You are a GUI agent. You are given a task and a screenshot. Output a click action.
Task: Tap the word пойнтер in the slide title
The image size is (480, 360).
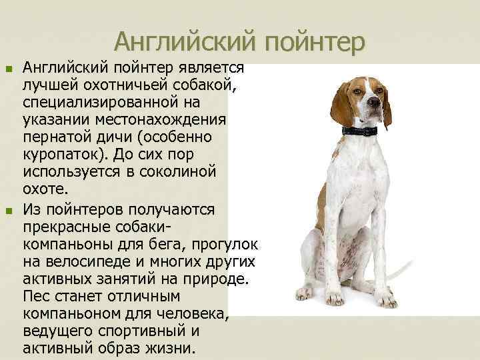pyautogui.click(x=315, y=43)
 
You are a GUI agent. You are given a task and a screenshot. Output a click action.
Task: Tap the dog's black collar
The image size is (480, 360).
pyautogui.click(x=359, y=131)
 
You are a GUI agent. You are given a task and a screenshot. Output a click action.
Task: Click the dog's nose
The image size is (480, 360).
pyautogui.click(x=375, y=103)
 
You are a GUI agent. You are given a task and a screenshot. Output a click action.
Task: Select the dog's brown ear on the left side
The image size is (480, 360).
pyautogui.click(x=341, y=103)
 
